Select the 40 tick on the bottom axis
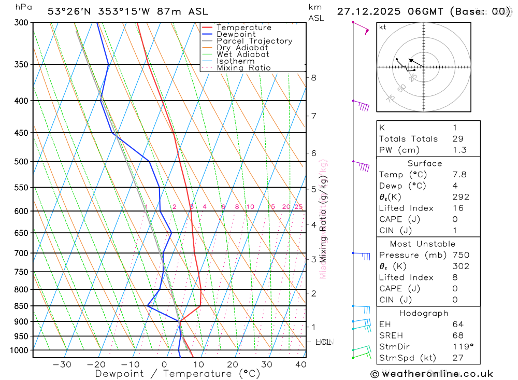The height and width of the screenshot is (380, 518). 301,364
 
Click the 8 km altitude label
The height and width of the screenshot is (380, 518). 313,78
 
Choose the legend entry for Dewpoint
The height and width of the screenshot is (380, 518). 236,34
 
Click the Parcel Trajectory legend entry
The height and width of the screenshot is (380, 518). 254,41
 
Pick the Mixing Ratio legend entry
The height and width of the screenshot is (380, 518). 243,68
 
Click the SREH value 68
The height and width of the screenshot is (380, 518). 457,336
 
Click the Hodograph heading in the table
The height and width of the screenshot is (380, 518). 423,313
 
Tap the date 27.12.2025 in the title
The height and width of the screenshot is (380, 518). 367,11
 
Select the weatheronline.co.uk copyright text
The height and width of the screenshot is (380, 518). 431,374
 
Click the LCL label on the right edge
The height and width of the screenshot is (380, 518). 324,342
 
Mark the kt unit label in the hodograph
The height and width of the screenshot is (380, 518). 383,27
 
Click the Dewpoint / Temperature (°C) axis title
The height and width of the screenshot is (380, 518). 178,374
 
